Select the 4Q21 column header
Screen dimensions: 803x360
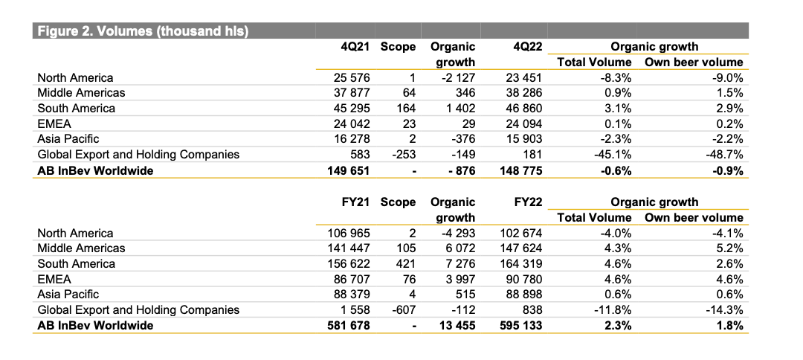click(x=355, y=47)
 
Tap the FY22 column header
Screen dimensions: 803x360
click(x=527, y=202)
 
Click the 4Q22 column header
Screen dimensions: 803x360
click(x=527, y=47)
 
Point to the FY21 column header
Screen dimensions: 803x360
click(x=355, y=202)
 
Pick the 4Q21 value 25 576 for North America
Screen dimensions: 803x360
click(x=351, y=78)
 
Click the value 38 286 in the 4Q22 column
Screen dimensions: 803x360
click(x=523, y=93)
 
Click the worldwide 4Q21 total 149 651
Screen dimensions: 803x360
click(x=348, y=170)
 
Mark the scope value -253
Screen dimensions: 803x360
click(x=403, y=155)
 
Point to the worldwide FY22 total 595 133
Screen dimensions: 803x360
click(x=520, y=326)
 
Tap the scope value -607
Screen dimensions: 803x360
click(x=403, y=310)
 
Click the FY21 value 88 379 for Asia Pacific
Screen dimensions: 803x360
click(x=351, y=295)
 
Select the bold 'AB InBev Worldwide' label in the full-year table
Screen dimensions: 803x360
click(x=95, y=326)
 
